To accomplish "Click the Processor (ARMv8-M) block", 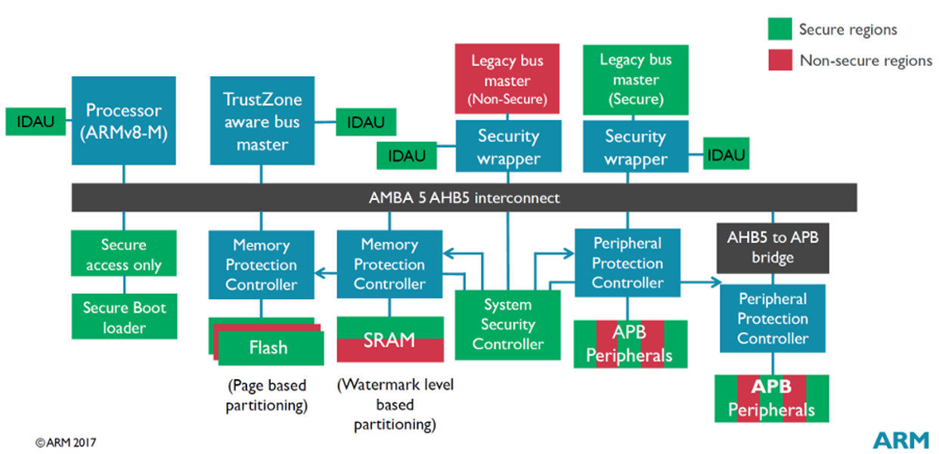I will point(124,120).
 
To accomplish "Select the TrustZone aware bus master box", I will point(262,120).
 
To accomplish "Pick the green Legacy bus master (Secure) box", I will point(635,79).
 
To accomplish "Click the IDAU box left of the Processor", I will point(36,122).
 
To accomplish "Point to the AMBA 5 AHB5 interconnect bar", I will point(464,198).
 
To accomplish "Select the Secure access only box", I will point(124,255).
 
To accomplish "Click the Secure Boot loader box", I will point(124,317).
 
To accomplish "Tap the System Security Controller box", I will point(507,325).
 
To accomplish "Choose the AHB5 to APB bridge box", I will point(773,247).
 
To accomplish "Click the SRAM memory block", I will point(389,339).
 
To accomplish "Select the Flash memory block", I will point(268,347).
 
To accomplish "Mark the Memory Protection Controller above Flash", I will point(262,265).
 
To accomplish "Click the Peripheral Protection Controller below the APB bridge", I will point(773,318).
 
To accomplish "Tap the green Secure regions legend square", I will point(779,29).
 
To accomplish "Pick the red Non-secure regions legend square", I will point(779,60).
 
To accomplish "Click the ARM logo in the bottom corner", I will point(901,440).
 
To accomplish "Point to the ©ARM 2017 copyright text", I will point(65,442).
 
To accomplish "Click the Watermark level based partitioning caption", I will point(395,404).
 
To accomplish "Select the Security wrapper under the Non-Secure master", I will point(507,147).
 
